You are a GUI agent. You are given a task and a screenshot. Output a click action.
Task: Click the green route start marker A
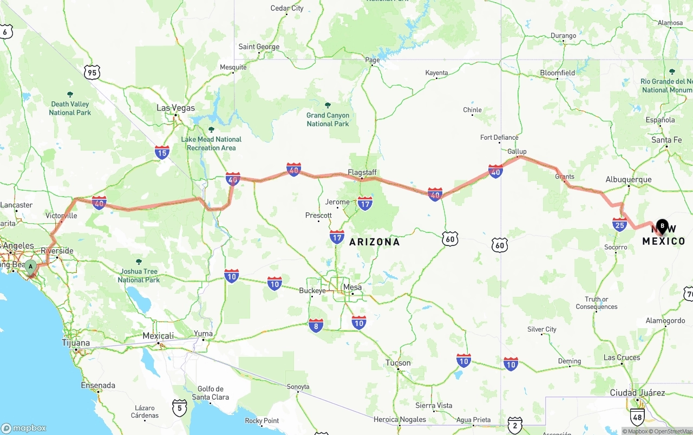click(31, 266)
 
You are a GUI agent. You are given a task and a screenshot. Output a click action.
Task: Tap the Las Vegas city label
click(175, 108)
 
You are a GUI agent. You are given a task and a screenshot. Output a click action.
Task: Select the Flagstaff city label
click(362, 172)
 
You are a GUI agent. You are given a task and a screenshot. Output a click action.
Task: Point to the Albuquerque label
click(628, 179)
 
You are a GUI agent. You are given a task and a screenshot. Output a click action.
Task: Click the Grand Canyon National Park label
click(328, 119)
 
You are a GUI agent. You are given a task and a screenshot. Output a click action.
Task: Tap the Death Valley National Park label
click(70, 108)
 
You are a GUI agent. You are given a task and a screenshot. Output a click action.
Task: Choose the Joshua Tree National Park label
click(139, 275)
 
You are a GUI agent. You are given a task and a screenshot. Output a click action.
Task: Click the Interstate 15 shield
click(162, 152)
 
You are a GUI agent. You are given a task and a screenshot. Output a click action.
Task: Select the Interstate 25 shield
click(619, 224)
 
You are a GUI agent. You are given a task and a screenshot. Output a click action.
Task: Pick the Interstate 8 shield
click(316, 325)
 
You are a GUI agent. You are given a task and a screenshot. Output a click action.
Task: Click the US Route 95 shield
click(92, 72)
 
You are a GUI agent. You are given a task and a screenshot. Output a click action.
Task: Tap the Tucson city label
click(398, 362)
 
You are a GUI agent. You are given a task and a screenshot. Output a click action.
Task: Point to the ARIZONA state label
click(374, 242)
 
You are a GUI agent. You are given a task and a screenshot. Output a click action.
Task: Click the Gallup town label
click(517, 151)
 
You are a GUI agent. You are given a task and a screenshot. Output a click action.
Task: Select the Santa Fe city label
click(666, 140)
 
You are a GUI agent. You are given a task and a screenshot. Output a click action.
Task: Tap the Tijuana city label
click(76, 343)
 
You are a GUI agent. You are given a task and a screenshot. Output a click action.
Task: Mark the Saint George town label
click(259, 47)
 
